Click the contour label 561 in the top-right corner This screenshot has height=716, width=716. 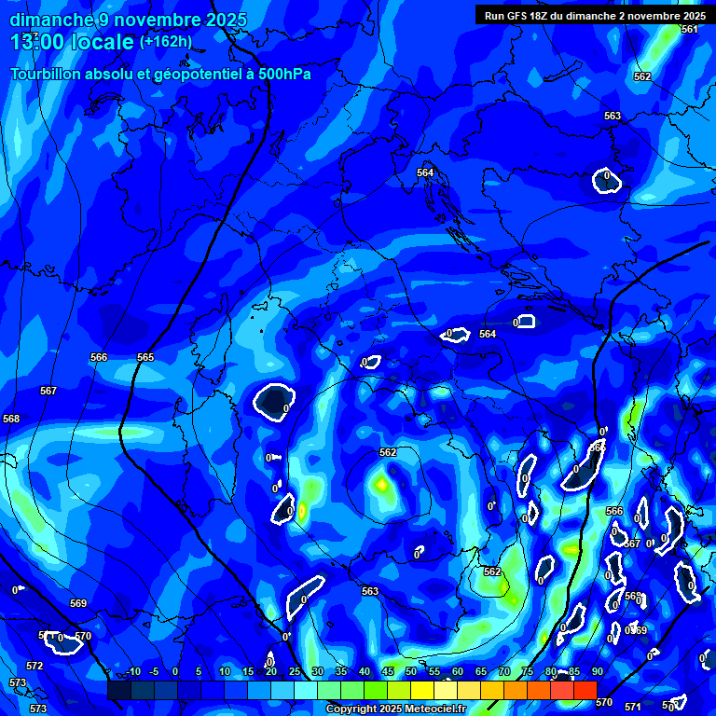coord(689,30)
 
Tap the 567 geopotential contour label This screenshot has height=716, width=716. coord(48,391)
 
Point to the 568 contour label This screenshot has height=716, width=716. coord(11,419)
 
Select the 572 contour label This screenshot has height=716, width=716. coord(34,666)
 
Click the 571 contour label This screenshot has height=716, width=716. coord(633,707)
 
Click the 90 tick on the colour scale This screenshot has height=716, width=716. coord(597,671)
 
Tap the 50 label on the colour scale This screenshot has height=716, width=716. coord(411,671)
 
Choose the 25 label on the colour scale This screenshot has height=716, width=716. coord(295,671)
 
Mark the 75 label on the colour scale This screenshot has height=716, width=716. coord(528,671)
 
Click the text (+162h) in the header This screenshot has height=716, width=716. coord(166,42)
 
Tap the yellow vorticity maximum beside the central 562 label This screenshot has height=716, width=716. coord(381,484)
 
